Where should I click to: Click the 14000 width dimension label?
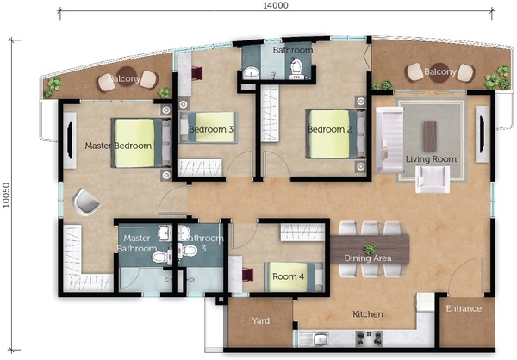[x=276, y=5]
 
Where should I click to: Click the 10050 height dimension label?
[x=7, y=196]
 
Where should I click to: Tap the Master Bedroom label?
[x=118, y=146]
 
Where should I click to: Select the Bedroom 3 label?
[x=211, y=129]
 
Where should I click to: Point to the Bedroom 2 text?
[x=329, y=129]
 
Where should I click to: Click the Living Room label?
[x=431, y=159]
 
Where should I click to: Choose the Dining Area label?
[x=368, y=258]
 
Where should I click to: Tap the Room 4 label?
[x=288, y=276]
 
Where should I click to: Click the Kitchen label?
[x=368, y=314]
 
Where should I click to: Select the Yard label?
[x=260, y=320]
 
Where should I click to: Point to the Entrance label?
[x=464, y=308]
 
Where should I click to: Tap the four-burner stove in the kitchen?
[x=369, y=338]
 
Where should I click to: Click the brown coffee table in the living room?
[x=430, y=132]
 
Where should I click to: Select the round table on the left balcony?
[x=127, y=76]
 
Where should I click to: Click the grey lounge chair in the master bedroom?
[x=86, y=202]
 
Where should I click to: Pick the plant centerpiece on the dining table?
[x=370, y=249]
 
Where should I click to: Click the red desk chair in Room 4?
[x=248, y=275]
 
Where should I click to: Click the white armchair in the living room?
[x=433, y=179]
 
